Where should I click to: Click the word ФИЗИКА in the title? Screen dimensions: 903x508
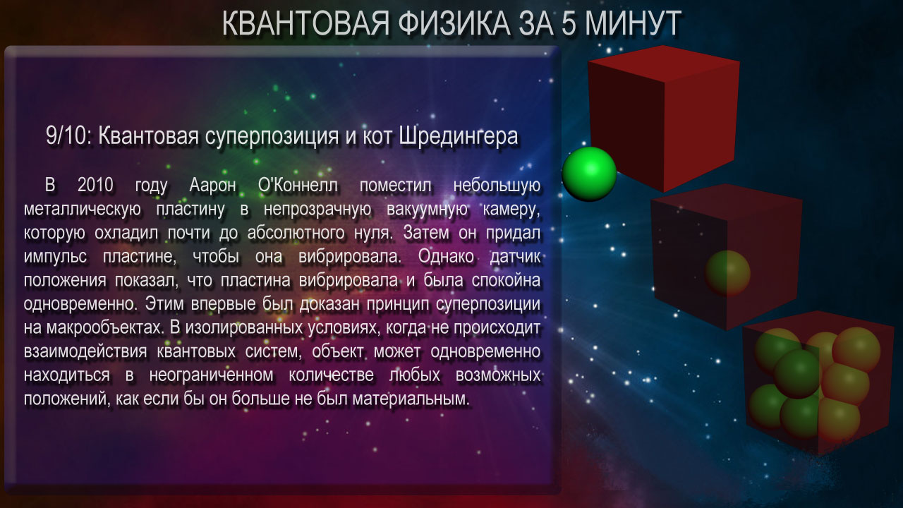pyautogui.click(x=454, y=23)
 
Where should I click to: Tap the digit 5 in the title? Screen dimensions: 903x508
pyautogui.click(x=569, y=23)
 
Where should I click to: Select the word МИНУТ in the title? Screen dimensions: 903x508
pyautogui.click(x=634, y=23)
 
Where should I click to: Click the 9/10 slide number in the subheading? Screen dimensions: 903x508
pyautogui.click(x=66, y=136)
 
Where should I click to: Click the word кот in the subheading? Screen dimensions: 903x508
pyautogui.click(x=377, y=137)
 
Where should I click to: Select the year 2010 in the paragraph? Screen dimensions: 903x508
pyautogui.click(x=95, y=186)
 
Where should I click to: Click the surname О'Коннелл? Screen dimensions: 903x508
pyautogui.click(x=298, y=186)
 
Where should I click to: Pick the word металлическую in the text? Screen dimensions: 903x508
pyautogui.click(x=83, y=210)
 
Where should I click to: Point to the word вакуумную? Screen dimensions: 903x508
pyautogui.click(x=428, y=210)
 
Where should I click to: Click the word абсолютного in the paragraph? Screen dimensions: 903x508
pyautogui.click(x=296, y=233)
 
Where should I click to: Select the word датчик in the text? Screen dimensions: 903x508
pyautogui.click(x=515, y=257)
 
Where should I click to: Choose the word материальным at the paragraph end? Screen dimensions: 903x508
pyautogui.click(x=411, y=399)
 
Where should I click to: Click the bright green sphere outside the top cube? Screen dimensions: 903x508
pyautogui.click(x=589, y=174)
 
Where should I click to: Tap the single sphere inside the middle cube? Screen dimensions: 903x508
pyautogui.click(x=727, y=273)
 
